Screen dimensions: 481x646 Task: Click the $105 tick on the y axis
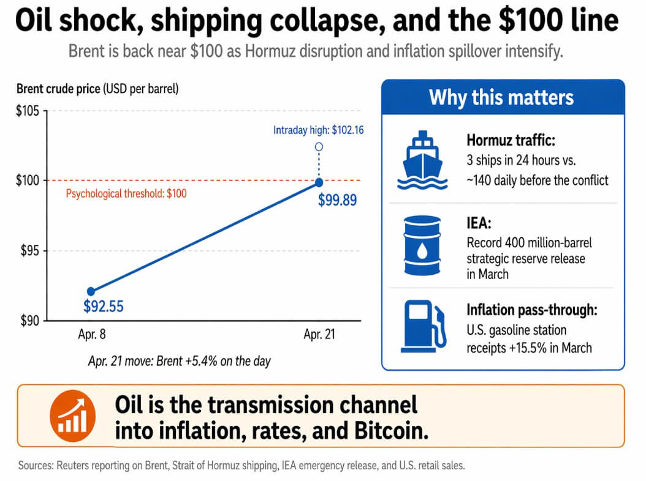(28, 111)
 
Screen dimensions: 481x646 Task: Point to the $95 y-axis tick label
(30, 251)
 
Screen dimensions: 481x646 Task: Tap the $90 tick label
(30, 320)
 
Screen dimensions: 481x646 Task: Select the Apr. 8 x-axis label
(90, 335)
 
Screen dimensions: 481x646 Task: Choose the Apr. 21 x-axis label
(319, 335)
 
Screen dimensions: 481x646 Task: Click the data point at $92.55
(91, 291)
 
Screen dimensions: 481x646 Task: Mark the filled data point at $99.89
(319, 182)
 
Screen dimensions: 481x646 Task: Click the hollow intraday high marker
(319, 147)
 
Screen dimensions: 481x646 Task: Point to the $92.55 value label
(104, 306)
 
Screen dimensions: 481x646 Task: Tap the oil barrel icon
(422, 245)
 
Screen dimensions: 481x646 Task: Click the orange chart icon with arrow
(72, 414)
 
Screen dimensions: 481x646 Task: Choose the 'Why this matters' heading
(501, 97)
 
